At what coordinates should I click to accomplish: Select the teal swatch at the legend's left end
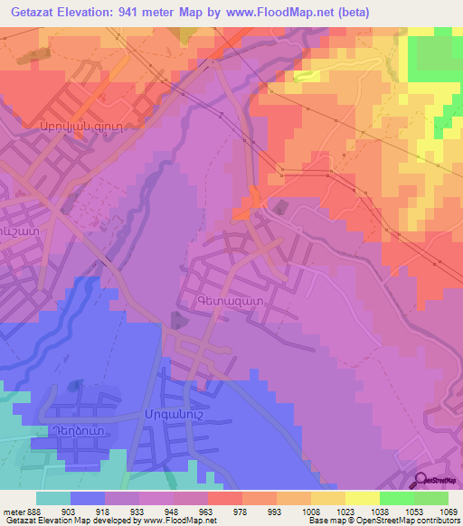pyautogui.click(x=53, y=498)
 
